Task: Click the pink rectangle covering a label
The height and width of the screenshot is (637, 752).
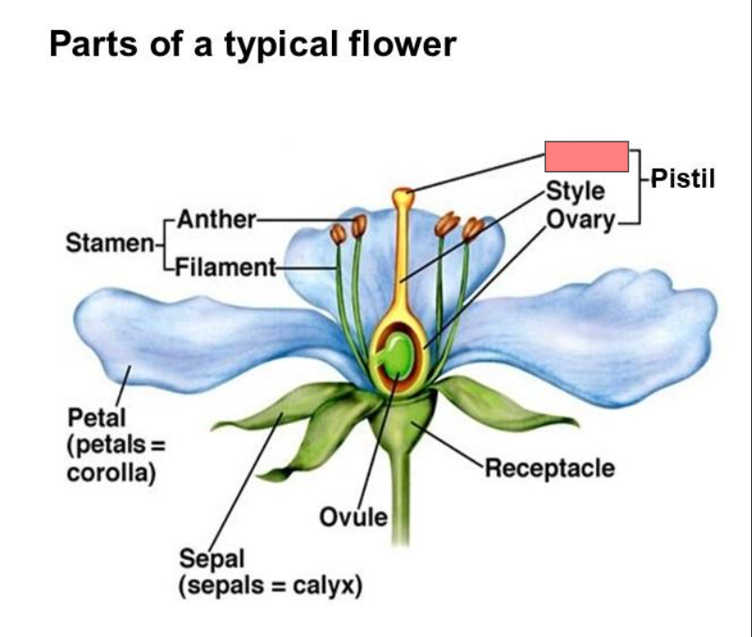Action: click(x=586, y=157)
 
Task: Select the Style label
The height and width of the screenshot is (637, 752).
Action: click(x=575, y=191)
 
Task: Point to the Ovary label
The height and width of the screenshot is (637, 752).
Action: click(x=581, y=220)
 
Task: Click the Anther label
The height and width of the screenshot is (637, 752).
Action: click(x=217, y=219)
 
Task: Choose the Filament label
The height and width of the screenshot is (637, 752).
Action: click(x=225, y=267)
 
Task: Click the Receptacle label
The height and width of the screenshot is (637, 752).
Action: click(x=550, y=468)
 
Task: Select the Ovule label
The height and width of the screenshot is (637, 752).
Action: click(x=354, y=517)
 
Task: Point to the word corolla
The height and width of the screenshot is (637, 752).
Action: click(x=108, y=473)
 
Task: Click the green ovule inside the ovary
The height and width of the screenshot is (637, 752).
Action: click(x=396, y=358)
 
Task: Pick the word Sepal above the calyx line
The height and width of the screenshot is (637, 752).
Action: click(x=206, y=556)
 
